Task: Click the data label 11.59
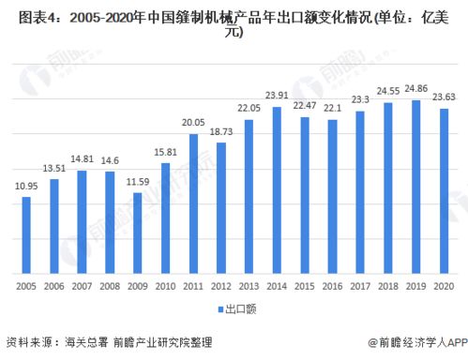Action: coord(137,180)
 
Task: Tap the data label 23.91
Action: coord(276,96)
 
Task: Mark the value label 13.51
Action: coord(53,169)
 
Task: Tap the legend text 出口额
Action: coord(237,307)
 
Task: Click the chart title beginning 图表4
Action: coord(234,21)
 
